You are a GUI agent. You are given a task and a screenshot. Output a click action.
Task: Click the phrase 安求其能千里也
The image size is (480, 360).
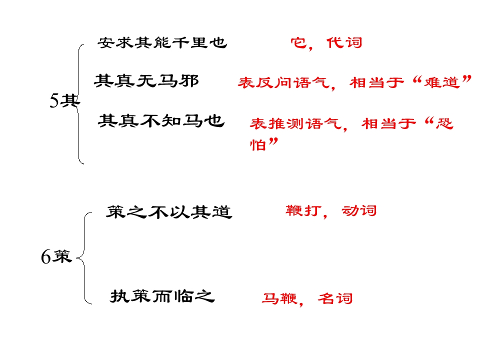point(162,43)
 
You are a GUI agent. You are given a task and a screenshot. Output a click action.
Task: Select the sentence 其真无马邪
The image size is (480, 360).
point(146,81)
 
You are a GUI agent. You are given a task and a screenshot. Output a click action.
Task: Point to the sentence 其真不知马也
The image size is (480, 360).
point(161,120)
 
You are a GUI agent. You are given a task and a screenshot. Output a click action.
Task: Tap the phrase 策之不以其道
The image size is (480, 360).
point(169,212)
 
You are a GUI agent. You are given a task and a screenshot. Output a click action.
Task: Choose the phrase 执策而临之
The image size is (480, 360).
point(162,296)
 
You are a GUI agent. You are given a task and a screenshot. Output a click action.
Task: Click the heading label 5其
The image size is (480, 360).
point(64,100)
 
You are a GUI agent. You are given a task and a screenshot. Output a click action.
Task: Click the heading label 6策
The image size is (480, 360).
point(56,256)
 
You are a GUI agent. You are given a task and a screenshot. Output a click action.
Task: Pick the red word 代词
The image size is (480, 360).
point(344,43)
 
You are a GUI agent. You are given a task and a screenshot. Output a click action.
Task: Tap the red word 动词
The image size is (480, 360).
point(359,210)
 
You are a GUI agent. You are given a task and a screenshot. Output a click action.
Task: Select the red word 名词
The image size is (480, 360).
point(335,298)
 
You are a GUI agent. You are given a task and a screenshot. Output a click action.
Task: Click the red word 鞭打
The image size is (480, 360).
point(303,210)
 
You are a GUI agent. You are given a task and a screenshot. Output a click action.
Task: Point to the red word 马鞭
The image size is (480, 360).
point(279,298)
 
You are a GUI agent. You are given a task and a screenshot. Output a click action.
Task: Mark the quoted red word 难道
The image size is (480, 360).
point(442,82)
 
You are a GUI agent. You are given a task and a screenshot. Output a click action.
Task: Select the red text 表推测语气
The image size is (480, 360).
point(295,124)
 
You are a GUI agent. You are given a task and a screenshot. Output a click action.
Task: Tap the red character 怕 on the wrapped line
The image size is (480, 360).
point(258,144)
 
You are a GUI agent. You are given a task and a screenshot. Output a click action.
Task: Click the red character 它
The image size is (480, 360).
point(299,43)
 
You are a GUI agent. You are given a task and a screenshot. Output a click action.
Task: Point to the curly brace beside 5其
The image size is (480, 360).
point(78,104)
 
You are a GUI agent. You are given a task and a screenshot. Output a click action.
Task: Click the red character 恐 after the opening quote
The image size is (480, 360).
point(444,123)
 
